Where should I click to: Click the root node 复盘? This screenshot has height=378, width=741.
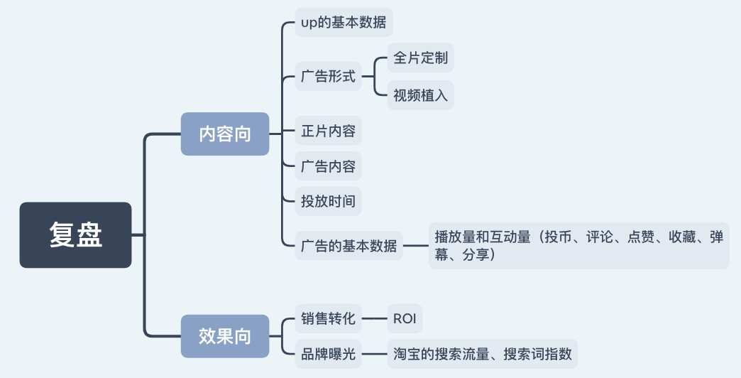pyautogui.click(x=75, y=235)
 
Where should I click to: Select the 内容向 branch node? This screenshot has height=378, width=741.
pyautogui.click(x=225, y=134)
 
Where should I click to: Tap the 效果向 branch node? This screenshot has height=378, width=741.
pyautogui.click(x=225, y=335)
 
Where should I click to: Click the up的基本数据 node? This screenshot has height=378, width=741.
pyautogui.click(x=344, y=22)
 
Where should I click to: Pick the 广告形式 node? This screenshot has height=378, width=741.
pyautogui.click(x=328, y=76)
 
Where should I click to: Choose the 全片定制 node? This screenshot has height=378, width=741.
pyautogui.click(x=420, y=58)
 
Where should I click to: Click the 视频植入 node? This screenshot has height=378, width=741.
pyautogui.click(x=420, y=94)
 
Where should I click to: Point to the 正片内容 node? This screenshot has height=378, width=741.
pyautogui.click(x=328, y=131)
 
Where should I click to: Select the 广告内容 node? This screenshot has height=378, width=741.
pyautogui.click(x=328, y=166)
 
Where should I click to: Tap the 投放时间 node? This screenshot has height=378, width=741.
pyautogui.click(x=328, y=201)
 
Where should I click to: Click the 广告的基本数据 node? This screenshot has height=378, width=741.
pyautogui.click(x=348, y=247)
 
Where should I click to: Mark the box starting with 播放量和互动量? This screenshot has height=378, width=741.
pyautogui.click(x=578, y=246)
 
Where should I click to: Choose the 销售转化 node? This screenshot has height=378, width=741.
pyautogui.click(x=328, y=318)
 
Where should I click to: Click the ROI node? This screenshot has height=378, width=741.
pyautogui.click(x=405, y=318)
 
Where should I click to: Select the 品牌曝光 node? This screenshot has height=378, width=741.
pyautogui.click(x=328, y=353)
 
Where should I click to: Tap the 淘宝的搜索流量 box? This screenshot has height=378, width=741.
pyautogui.click(x=482, y=353)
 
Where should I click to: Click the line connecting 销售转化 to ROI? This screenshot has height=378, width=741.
pyautogui.click(x=374, y=319)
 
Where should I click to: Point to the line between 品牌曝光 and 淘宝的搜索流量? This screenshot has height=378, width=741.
pyautogui.click(x=374, y=353)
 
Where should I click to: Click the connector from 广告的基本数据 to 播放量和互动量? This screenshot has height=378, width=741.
pyautogui.click(x=415, y=247)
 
